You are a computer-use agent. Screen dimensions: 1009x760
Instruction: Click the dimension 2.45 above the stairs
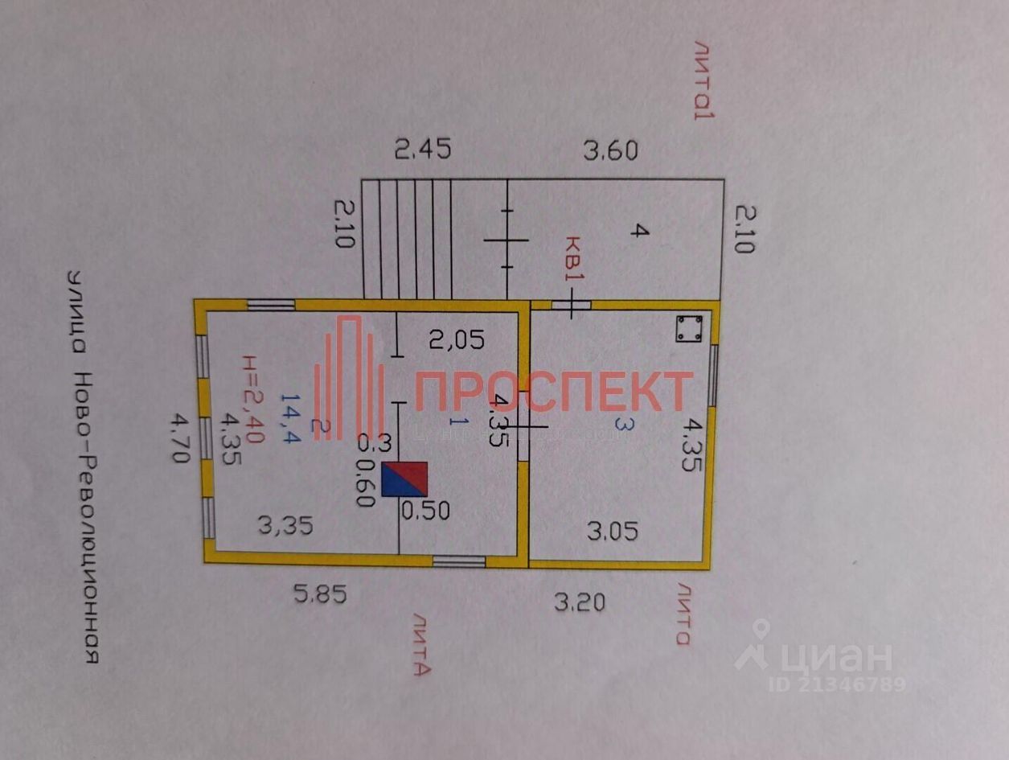pos(422,149)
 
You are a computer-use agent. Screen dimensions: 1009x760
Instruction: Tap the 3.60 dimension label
pos(610,150)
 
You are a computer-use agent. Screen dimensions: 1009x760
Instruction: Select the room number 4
pos(638,231)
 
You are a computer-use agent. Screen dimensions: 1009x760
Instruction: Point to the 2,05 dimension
pos(456,341)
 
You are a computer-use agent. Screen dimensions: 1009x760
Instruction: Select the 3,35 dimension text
pos(285,526)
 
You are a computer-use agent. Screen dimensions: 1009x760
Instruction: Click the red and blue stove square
pos(404,479)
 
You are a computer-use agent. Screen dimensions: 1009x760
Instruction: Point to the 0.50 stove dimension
pos(425,510)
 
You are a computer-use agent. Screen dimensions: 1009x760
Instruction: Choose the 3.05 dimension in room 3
pos(612,531)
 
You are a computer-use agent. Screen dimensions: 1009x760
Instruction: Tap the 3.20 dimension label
pos(580,601)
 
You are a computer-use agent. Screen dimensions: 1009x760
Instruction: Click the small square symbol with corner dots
pos(689,328)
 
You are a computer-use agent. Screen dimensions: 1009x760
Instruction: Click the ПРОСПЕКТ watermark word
pos(554,391)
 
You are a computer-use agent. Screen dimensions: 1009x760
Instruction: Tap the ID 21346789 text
pos(837,684)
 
